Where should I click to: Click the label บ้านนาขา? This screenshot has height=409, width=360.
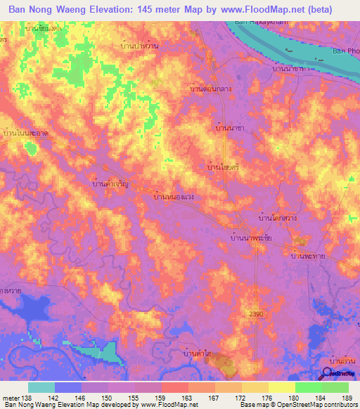click(x=229, y=129)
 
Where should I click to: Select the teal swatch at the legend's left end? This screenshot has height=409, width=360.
click(x=41, y=387)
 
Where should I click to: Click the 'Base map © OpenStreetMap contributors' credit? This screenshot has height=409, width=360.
click(x=298, y=405)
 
